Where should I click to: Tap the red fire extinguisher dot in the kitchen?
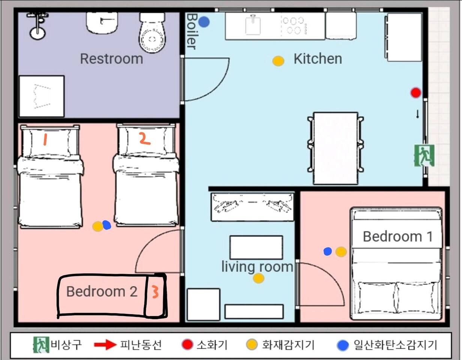415,93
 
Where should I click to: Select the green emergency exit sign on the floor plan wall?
424,155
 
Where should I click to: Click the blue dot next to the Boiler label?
204,22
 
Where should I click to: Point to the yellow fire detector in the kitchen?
278,61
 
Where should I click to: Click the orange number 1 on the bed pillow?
45,139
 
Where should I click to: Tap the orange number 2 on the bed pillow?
145,138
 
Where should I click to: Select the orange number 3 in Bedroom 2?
155,292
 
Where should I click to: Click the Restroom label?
111,59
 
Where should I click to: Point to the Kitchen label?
318,59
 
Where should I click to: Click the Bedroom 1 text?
398,237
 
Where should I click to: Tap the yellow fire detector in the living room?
258,278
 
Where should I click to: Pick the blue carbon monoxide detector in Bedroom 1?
327,251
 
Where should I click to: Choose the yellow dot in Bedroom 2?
97,226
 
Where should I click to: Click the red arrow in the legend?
105,345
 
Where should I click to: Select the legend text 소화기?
212,345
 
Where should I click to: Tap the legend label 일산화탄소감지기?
395,345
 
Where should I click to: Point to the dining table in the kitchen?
336,148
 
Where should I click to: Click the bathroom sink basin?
102,23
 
